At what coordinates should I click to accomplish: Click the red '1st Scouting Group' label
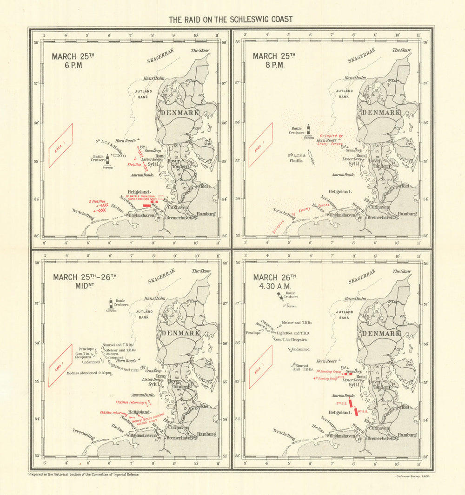(327, 371)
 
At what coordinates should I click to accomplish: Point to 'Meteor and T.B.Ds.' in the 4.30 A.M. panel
(297, 322)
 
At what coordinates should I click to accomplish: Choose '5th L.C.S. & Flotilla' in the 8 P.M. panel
(296, 158)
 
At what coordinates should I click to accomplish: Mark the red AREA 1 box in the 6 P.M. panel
(61, 145)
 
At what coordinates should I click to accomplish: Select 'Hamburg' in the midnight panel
(205, 435)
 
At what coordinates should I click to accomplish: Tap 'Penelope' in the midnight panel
(86, 348)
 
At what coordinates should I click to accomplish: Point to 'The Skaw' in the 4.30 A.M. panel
(402, 271)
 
